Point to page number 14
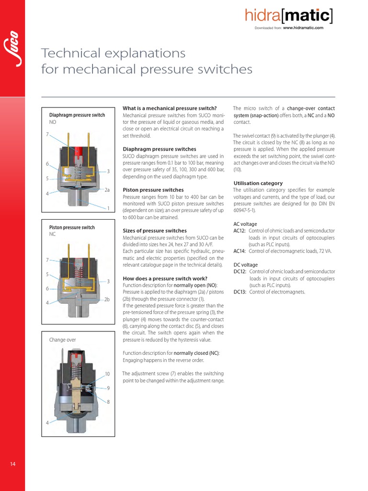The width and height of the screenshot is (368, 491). click(x=13, y=464)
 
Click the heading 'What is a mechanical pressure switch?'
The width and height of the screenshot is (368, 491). click(x=170, y=108)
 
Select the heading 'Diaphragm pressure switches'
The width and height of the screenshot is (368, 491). click(x=160, y=149)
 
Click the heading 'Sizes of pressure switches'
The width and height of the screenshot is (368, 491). click(x=155, y=231)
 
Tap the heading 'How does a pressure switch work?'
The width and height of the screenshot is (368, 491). click(x=165, y=279)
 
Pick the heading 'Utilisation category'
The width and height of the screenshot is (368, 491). click(x=258, y=183)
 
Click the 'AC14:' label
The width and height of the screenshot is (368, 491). click(x=240, y=251)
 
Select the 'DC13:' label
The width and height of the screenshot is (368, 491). click(x=240, y=292)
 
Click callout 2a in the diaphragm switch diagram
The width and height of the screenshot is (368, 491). click(x=107, y=190)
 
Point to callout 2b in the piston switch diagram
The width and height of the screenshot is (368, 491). click(x=107, y=299)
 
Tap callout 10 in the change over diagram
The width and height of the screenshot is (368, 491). click(x=108, y=374)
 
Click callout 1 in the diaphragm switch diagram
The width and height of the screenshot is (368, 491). click(x=109, y=208)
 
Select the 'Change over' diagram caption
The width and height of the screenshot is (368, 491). click(x=62, y=339)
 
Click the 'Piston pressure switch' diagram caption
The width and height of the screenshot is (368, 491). click(x=72, y=227)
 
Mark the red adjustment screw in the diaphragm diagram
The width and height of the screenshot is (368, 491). click(x=77, y=153)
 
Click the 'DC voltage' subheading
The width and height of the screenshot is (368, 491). click(x=245, y=265)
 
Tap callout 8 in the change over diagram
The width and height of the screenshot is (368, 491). click(x=108, y=401)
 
